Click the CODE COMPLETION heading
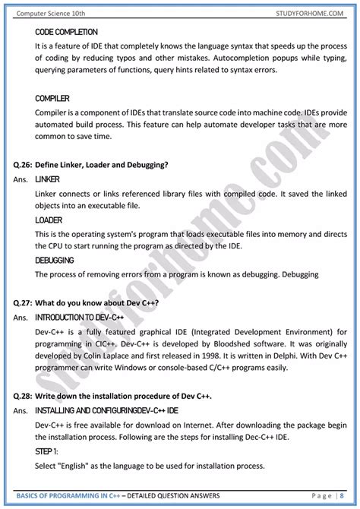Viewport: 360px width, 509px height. coord(66,33)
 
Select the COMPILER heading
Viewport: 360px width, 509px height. coord(52,98)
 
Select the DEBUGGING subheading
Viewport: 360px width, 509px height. coord(54,260)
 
